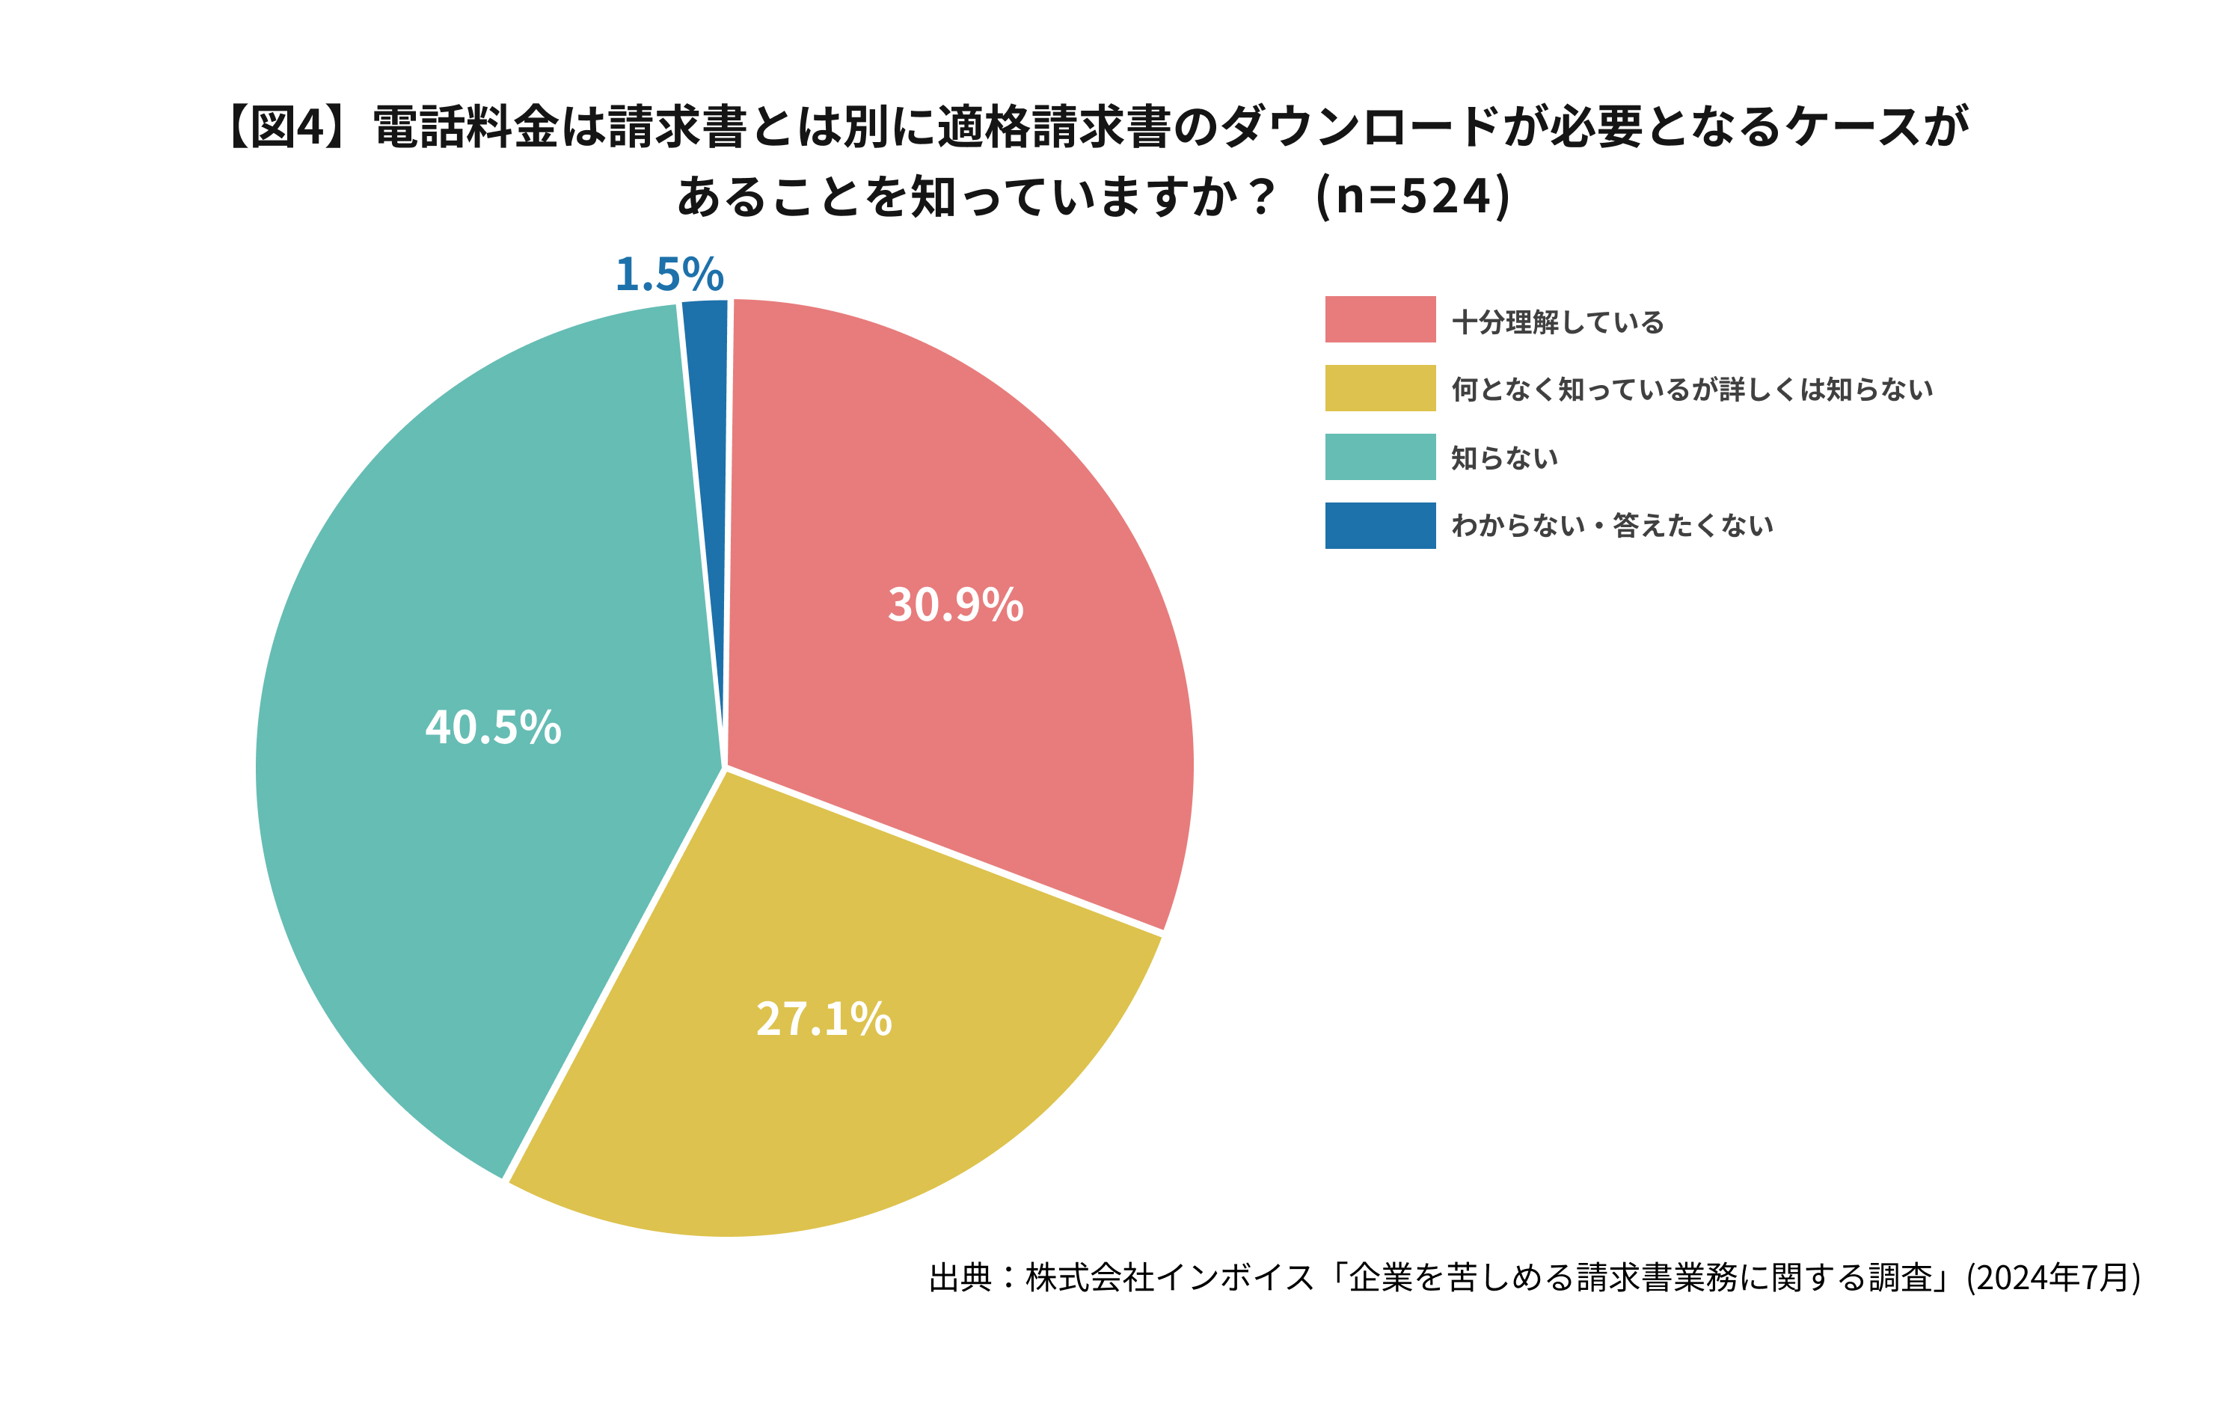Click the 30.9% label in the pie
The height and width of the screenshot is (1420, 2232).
(956, 604)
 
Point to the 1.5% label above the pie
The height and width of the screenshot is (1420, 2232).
(669, 274)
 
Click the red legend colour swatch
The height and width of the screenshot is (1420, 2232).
(1379, 320)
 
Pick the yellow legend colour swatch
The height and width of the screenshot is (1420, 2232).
(1379, 388)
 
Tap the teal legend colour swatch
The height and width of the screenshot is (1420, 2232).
(1379, 457)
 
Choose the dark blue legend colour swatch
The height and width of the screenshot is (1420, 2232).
(1379, 526)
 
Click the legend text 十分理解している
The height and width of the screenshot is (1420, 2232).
(1557, 322)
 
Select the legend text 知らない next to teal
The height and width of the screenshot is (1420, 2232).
(1503, 458)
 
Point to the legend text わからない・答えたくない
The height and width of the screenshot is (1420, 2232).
(1612, 526)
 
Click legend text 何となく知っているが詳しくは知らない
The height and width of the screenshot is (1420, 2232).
(1692, 390)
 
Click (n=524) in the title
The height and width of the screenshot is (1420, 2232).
(1414, 197)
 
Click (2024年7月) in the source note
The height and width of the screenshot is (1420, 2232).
(2053, 1277)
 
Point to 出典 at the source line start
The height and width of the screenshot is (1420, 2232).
(960, 1277)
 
